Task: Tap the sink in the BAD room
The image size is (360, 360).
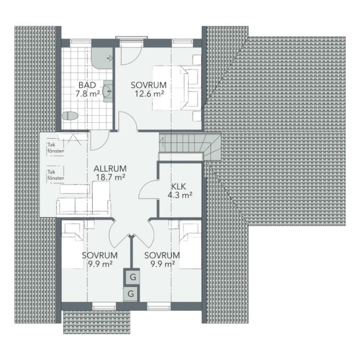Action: (x=108, y=91)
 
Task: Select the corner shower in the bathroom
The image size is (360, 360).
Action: (x=102, y=58)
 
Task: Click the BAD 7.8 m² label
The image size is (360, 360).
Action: (x=87, y=89)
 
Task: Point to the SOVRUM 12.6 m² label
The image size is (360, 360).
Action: (x=149, y=89)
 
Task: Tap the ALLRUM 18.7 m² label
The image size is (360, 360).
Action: (x=110, y=173)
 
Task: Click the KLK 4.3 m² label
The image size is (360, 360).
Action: (x=180, y=190)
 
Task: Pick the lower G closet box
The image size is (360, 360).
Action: (x=131, y=294)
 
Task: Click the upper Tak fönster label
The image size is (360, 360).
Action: (x=55, y=148)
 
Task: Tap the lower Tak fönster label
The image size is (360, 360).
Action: (x=55, y=175)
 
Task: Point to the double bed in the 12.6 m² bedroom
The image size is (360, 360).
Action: (x=177, y=88)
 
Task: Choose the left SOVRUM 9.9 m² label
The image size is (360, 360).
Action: (x=100, y=260)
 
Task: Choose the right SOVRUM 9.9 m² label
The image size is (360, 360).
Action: (x=162, y=260)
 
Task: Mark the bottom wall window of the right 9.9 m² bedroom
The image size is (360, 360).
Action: (x=159, y=306)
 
